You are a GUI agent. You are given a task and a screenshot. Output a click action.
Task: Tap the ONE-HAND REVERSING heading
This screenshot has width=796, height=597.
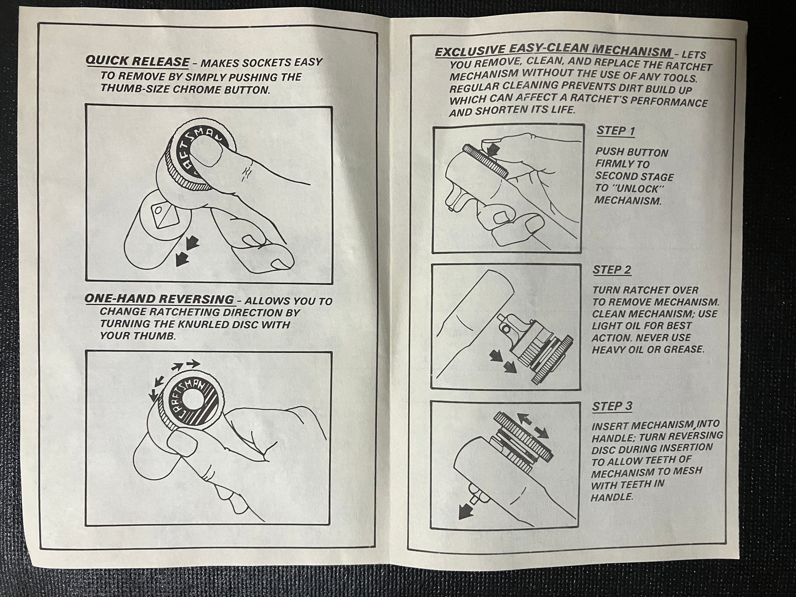159,299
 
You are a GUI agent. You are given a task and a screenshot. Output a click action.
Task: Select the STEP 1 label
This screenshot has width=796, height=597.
616,131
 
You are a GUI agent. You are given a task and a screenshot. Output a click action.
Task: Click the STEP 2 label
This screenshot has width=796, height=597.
612,270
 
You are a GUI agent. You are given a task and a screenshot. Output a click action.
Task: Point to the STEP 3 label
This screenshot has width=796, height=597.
612,406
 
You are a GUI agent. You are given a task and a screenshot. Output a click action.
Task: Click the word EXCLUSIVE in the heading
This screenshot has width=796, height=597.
470,51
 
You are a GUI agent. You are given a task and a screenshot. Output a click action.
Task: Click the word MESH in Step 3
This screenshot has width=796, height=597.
687,471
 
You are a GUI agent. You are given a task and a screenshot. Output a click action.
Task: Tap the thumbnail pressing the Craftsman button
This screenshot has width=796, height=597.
204,154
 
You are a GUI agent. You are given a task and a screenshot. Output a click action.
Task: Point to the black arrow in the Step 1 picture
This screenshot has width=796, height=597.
492,149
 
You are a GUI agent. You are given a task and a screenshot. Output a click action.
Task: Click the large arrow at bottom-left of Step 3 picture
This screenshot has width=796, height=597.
467,512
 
